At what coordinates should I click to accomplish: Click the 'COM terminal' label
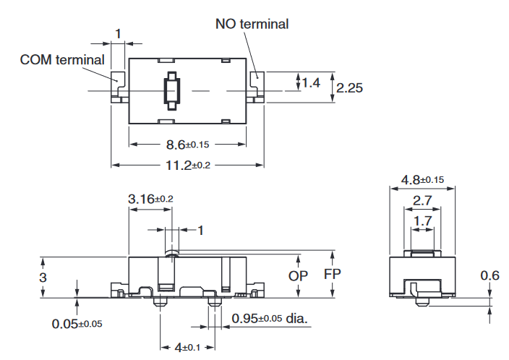pos(62,59)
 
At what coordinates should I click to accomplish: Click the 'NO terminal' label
pos(252,24)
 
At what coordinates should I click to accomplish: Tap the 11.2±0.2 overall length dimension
pos(187,165)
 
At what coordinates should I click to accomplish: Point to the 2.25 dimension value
pos(349,87)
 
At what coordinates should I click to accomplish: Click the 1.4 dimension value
pos(311,83)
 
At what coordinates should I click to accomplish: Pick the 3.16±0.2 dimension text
pos(150,198)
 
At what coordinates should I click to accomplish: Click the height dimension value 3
pos(43,277)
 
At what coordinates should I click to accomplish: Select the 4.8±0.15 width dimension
pos(423,179)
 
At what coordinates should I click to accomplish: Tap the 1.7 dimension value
pos(424,220)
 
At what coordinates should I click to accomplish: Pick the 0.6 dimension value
pos(489,275)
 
